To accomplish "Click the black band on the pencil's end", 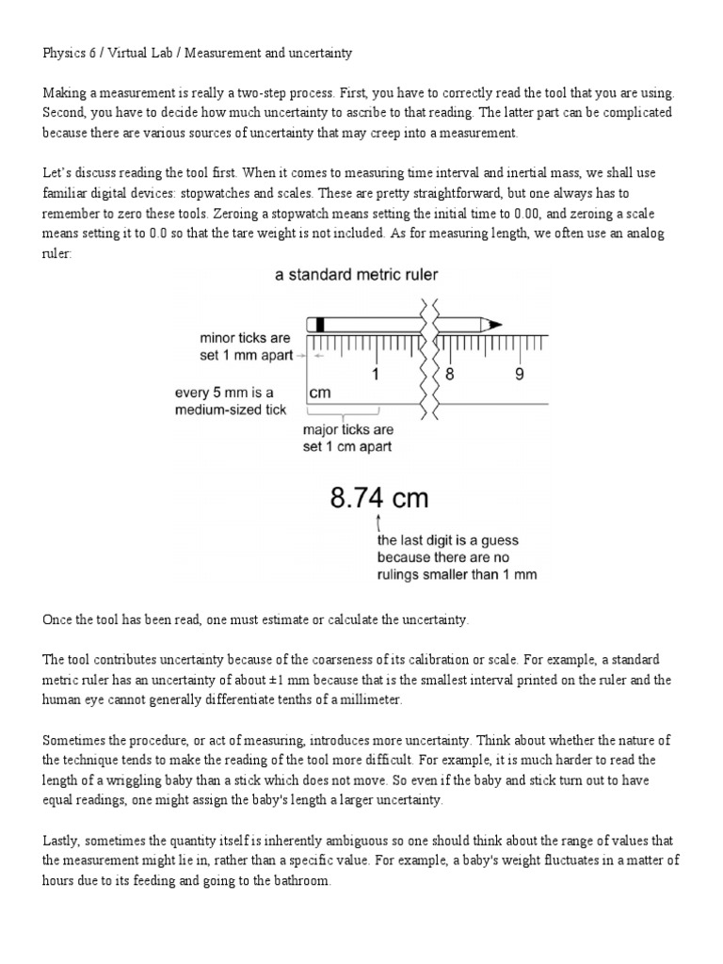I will [x=320, y=324].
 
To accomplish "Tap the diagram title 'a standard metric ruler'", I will [x=356, y=275].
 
